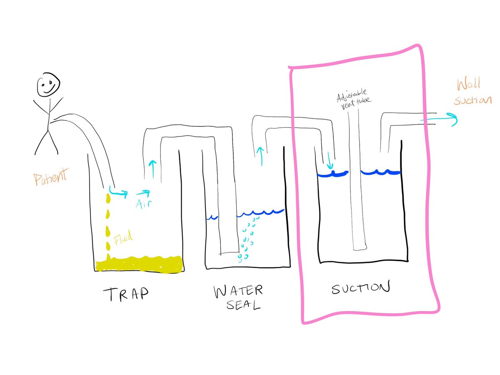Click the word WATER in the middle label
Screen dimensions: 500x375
click(x=238, y=291)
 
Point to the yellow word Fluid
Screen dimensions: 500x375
click(x=123, y=239)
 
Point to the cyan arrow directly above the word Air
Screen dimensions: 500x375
click(x=142, y=193)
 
